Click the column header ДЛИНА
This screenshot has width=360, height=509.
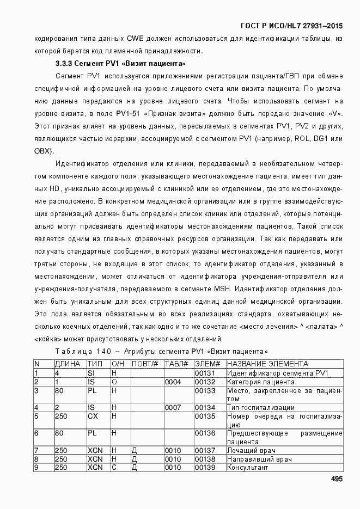pos(68,364)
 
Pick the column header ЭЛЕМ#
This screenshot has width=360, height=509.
pos(207,364)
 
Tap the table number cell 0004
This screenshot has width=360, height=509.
pos(173,382)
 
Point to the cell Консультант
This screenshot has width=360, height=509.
pos(248,467)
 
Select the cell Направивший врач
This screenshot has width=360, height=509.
pos(255,459)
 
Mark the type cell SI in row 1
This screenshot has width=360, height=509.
pos(91,373)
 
